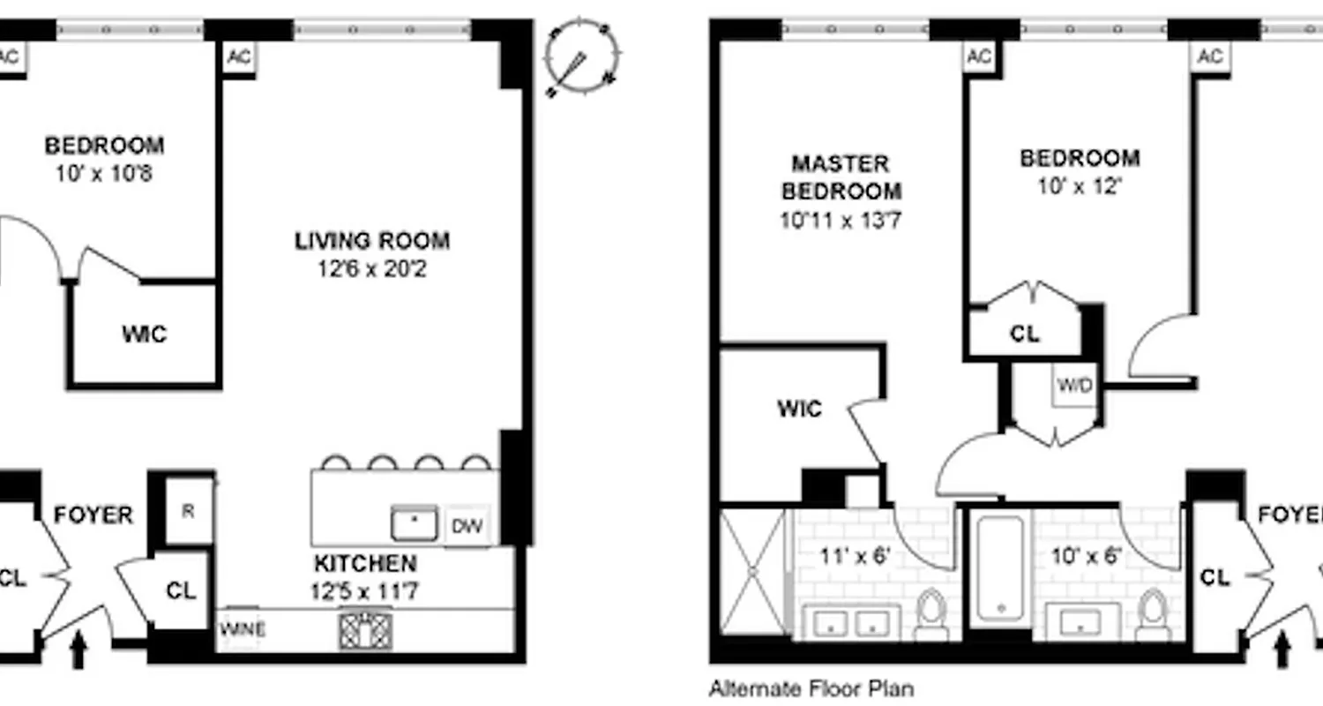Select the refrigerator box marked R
(188, 511)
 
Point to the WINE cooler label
(243, 630)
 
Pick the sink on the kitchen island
(415, 524)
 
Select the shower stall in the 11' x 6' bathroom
(752, 571)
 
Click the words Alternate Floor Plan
(811, 688)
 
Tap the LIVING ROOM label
(371, 240)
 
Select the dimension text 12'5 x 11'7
(364, 590)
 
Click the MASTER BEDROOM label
(841, 176)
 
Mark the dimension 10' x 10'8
(104, 173)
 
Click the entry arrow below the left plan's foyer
(78, 651)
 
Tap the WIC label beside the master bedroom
(799, 409)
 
